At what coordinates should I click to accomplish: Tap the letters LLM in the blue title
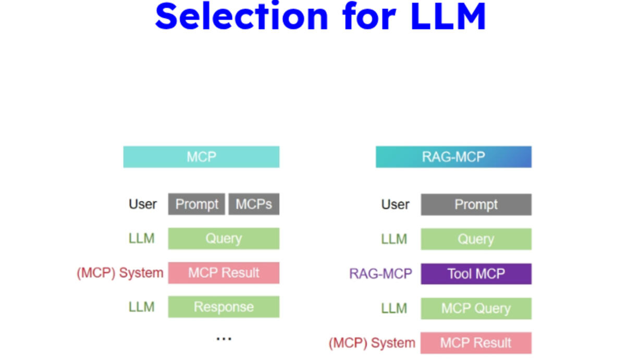448,16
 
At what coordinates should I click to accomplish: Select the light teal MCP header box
201,157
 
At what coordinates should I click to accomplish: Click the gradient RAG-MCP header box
453,157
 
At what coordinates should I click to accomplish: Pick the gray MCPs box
254,204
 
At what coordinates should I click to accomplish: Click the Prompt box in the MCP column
196,204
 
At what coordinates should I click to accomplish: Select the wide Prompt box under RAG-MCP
476,205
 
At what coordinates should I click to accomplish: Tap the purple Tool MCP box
476,274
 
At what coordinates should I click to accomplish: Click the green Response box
224,307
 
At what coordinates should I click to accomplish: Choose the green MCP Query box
476,308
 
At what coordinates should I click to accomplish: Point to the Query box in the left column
224,239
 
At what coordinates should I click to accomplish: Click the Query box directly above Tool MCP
476,239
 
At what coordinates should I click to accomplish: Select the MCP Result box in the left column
224,272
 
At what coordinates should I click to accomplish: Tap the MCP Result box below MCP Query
476,343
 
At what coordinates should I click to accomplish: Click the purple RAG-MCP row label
380,274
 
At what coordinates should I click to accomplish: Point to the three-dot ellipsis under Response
224,339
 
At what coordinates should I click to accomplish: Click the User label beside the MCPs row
143,204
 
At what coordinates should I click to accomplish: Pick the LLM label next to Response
141,307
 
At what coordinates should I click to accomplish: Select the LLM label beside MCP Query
394,308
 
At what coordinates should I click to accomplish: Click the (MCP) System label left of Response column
120,273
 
